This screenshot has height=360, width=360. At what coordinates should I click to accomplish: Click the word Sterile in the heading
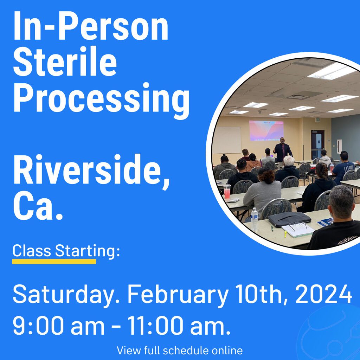coord(65,61)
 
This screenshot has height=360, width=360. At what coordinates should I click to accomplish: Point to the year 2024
coord(323,294)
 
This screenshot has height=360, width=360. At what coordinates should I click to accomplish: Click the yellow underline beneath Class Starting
coord(54,261)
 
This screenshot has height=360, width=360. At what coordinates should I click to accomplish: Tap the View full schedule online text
coord(180,351)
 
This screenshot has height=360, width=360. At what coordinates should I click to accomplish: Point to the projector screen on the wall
coord(266,130)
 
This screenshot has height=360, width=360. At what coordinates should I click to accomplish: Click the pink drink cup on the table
coord(227,191)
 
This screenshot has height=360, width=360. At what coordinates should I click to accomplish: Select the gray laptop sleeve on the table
coord(290,219)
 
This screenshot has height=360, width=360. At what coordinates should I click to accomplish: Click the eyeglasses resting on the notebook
coord(298,226)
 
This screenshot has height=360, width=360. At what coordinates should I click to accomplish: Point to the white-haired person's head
coord(289,161)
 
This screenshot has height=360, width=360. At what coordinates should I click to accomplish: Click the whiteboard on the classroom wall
coord(227,140)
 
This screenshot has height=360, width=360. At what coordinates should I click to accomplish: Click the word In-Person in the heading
coord(91,25)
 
